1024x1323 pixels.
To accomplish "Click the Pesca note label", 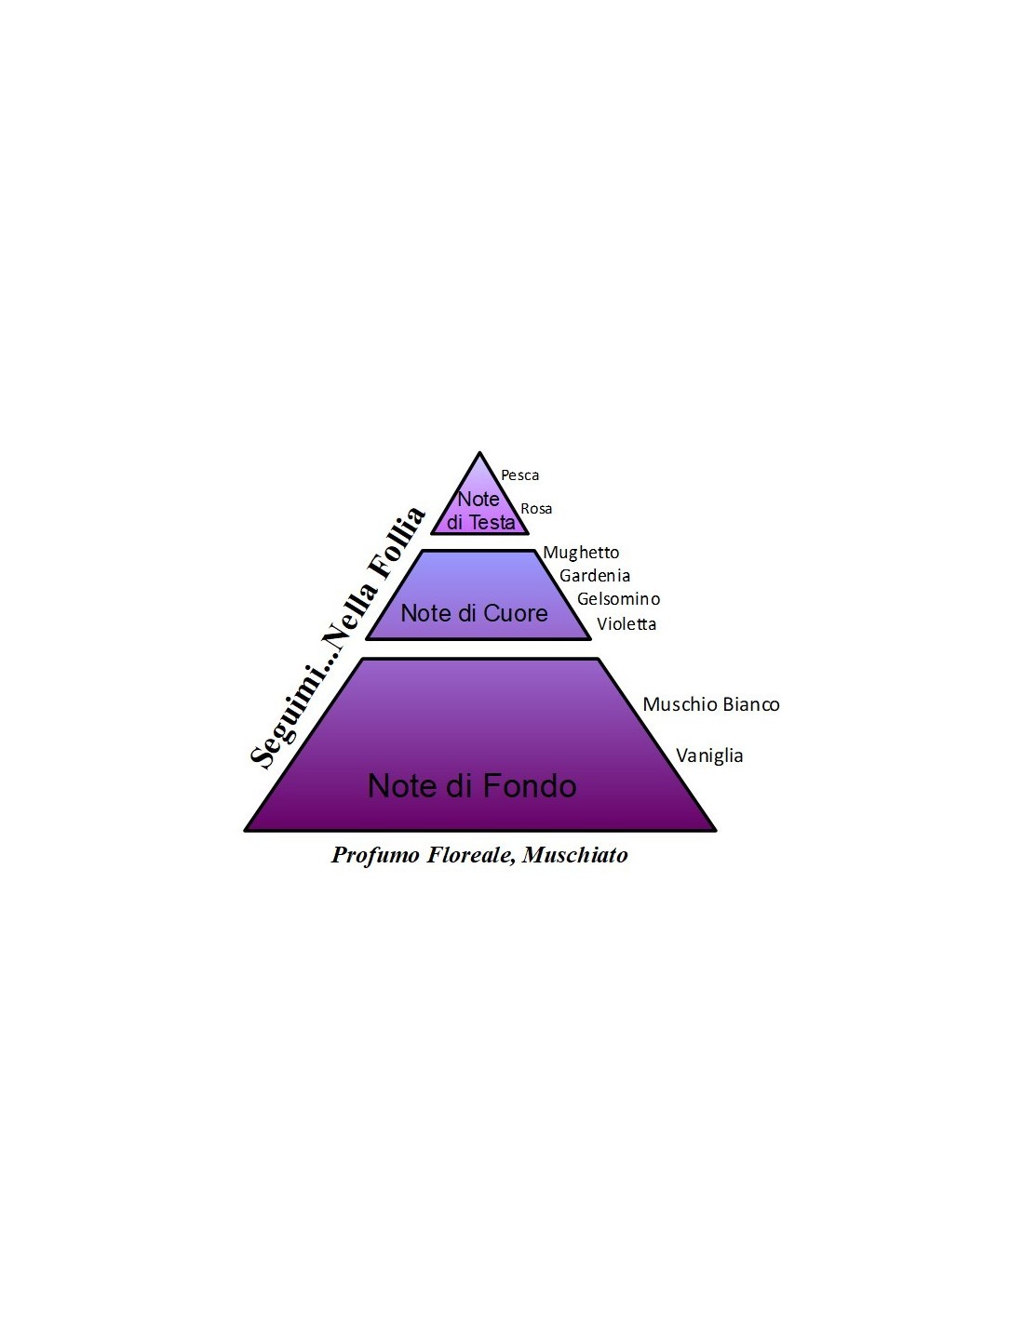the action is pos(519,475).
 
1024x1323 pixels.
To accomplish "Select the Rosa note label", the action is pos(536,508).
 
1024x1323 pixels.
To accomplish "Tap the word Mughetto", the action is pos(581,553).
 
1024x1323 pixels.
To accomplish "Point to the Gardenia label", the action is pos(595,575).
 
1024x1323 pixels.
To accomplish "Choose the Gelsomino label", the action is pos(618,599).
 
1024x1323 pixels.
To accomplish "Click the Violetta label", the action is pos(627,624).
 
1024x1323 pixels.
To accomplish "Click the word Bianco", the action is pos(751,704).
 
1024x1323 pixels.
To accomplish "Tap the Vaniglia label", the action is pos(709,756).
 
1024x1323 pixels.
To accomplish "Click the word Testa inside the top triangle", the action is pos(492,522).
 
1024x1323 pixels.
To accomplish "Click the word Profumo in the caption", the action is pos(375,855).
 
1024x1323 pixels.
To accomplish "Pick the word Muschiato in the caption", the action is pos(574,855).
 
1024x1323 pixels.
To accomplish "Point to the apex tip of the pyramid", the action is pos(479,452).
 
